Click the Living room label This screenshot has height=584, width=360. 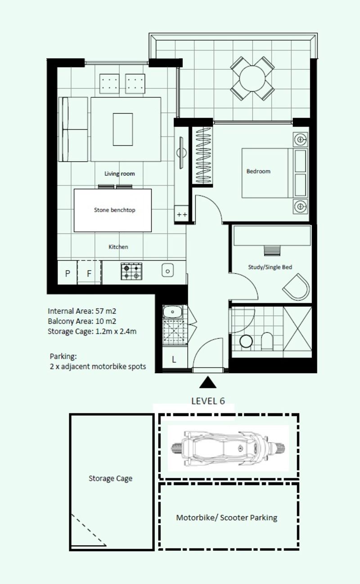120,174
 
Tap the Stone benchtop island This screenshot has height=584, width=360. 113,210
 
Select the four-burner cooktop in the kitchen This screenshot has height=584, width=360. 131,272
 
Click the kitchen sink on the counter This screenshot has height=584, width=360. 168,270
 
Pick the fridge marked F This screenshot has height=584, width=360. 89,272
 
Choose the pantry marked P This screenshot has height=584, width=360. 67,272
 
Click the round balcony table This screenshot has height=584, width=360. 252,78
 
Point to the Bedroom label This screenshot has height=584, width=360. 258,171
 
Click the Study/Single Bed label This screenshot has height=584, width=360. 270,267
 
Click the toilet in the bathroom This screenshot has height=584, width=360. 267,341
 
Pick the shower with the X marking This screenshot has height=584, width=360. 297,329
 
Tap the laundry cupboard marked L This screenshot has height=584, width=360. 174,359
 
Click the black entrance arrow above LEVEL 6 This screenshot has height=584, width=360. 208,382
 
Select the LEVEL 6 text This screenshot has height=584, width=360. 208,401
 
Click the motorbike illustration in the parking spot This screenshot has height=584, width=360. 228,448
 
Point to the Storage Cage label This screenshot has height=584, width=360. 110,478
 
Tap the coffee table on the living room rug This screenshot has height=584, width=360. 123,129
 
